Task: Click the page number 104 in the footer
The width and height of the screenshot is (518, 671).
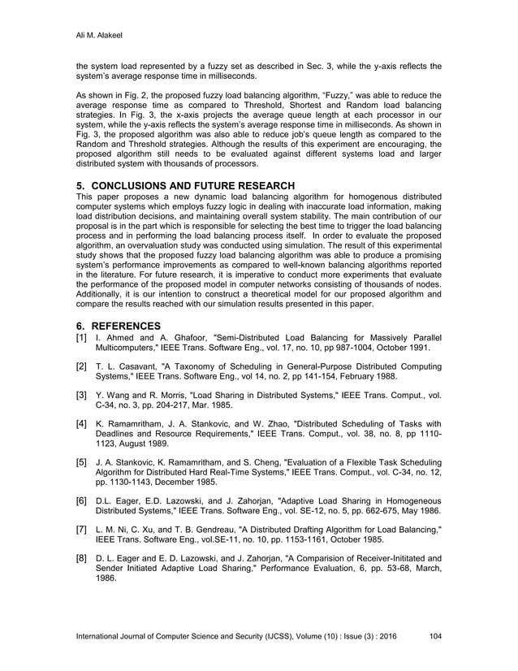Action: (x=436, y=647)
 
